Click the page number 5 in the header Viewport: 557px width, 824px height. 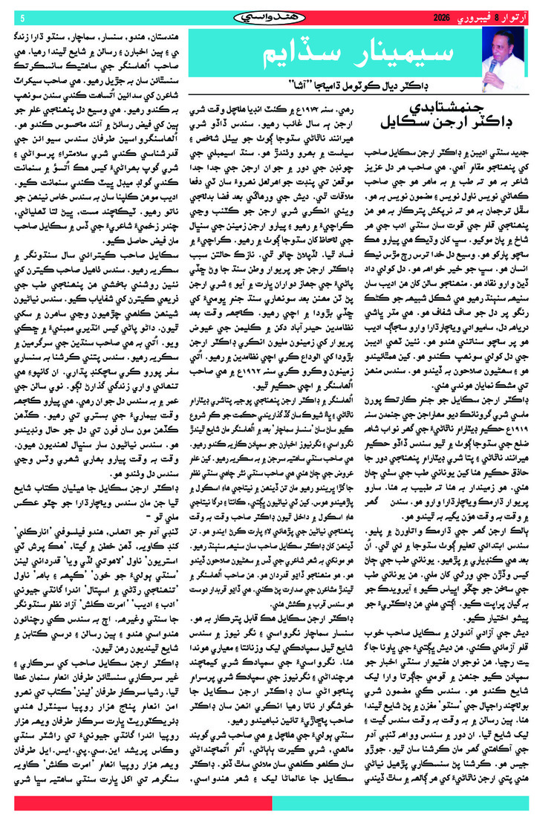coord(22,17)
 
